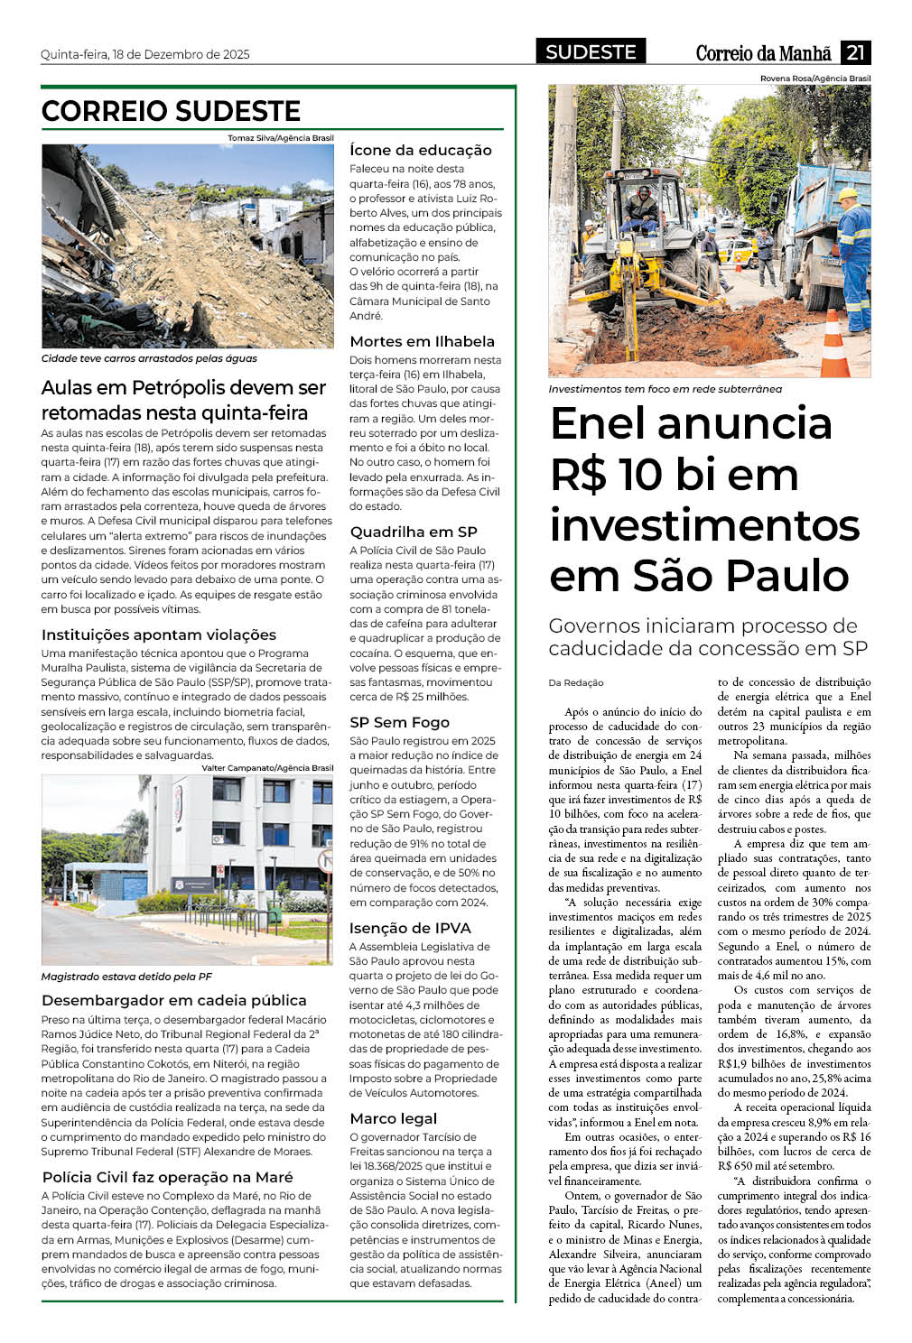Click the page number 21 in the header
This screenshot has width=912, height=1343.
point(855,52)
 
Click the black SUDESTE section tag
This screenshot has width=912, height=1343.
point(591,52)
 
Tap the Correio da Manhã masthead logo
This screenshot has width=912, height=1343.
point(763,53)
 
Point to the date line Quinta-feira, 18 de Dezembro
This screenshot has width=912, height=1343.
point(145,54)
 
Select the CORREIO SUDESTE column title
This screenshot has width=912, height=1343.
point(171,111)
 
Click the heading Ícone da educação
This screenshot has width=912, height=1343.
point(421,150)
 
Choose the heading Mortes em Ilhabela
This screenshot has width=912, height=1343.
point(422,341)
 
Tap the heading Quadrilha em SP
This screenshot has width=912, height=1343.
point(414,532)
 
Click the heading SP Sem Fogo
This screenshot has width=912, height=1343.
point(399,722)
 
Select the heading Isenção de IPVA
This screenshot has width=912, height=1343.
point(410,928)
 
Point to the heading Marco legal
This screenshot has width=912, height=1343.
point(393,1118)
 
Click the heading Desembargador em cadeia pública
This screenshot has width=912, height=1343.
point(174,1000)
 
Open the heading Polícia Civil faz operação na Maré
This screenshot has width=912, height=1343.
point(168,1177)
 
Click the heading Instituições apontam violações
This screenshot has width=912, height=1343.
point(159,634)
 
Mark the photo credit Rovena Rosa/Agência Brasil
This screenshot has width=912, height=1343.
point(814,79)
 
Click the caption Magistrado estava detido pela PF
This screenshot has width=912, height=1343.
point(126,977)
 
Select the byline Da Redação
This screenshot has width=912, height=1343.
point(576,682)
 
